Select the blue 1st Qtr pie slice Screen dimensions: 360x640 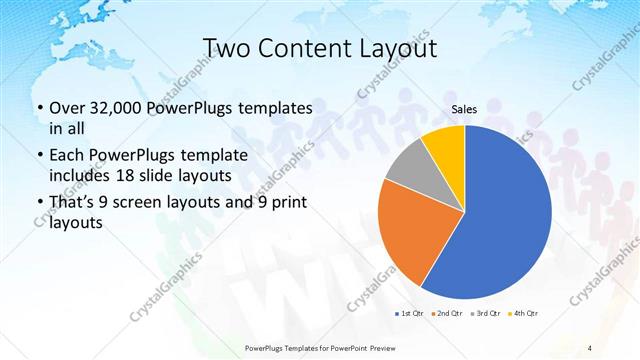pyautogui.click(x=505, y=215)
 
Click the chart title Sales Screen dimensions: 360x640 pyautogui.click(x=465, y=113)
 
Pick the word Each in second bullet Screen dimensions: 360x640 pyautogui.click(x=66, y=155)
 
